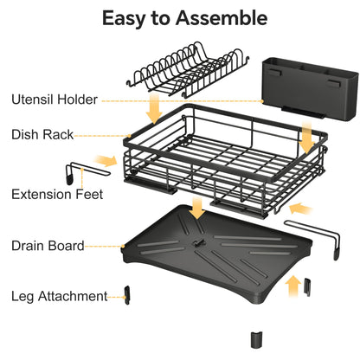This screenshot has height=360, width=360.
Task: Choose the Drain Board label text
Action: (x=48, y=246)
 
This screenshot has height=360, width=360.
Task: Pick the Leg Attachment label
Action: (x=59, y=296)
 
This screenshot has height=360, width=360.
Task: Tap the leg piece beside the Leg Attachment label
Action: (x=126, y=295)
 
